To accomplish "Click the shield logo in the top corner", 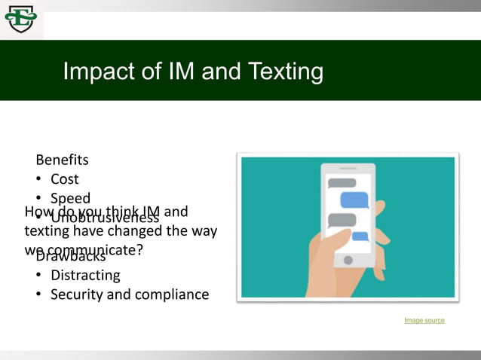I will click(20, 18).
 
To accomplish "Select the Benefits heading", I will click(62, 160).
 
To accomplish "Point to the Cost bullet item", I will click(65, 179).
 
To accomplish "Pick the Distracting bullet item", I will click(85, 275).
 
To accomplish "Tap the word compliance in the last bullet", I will click(172, 294).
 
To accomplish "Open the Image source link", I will click(424, 321).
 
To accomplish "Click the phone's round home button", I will click(348, 260).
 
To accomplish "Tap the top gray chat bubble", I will click(342, 183).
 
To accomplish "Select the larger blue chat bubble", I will click(354, 200).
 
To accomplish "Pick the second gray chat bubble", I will click(342, 219).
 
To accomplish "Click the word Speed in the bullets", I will click(70, 199).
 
